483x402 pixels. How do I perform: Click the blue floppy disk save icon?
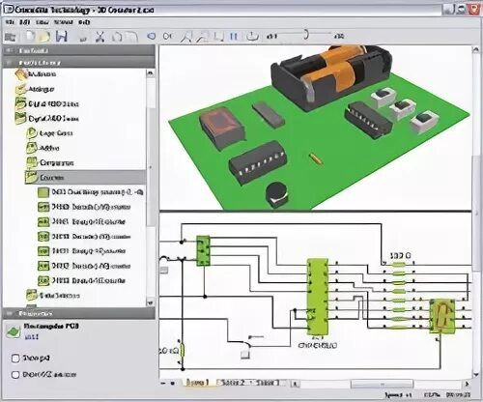click(x=60, y=37)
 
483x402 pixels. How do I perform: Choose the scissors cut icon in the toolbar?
click(x=99, y=37)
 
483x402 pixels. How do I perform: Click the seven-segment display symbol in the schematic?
click(x=441, y=315)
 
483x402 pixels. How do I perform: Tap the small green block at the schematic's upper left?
click(x=203, y=250)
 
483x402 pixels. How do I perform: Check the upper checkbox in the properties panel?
click(x=14, y=357)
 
